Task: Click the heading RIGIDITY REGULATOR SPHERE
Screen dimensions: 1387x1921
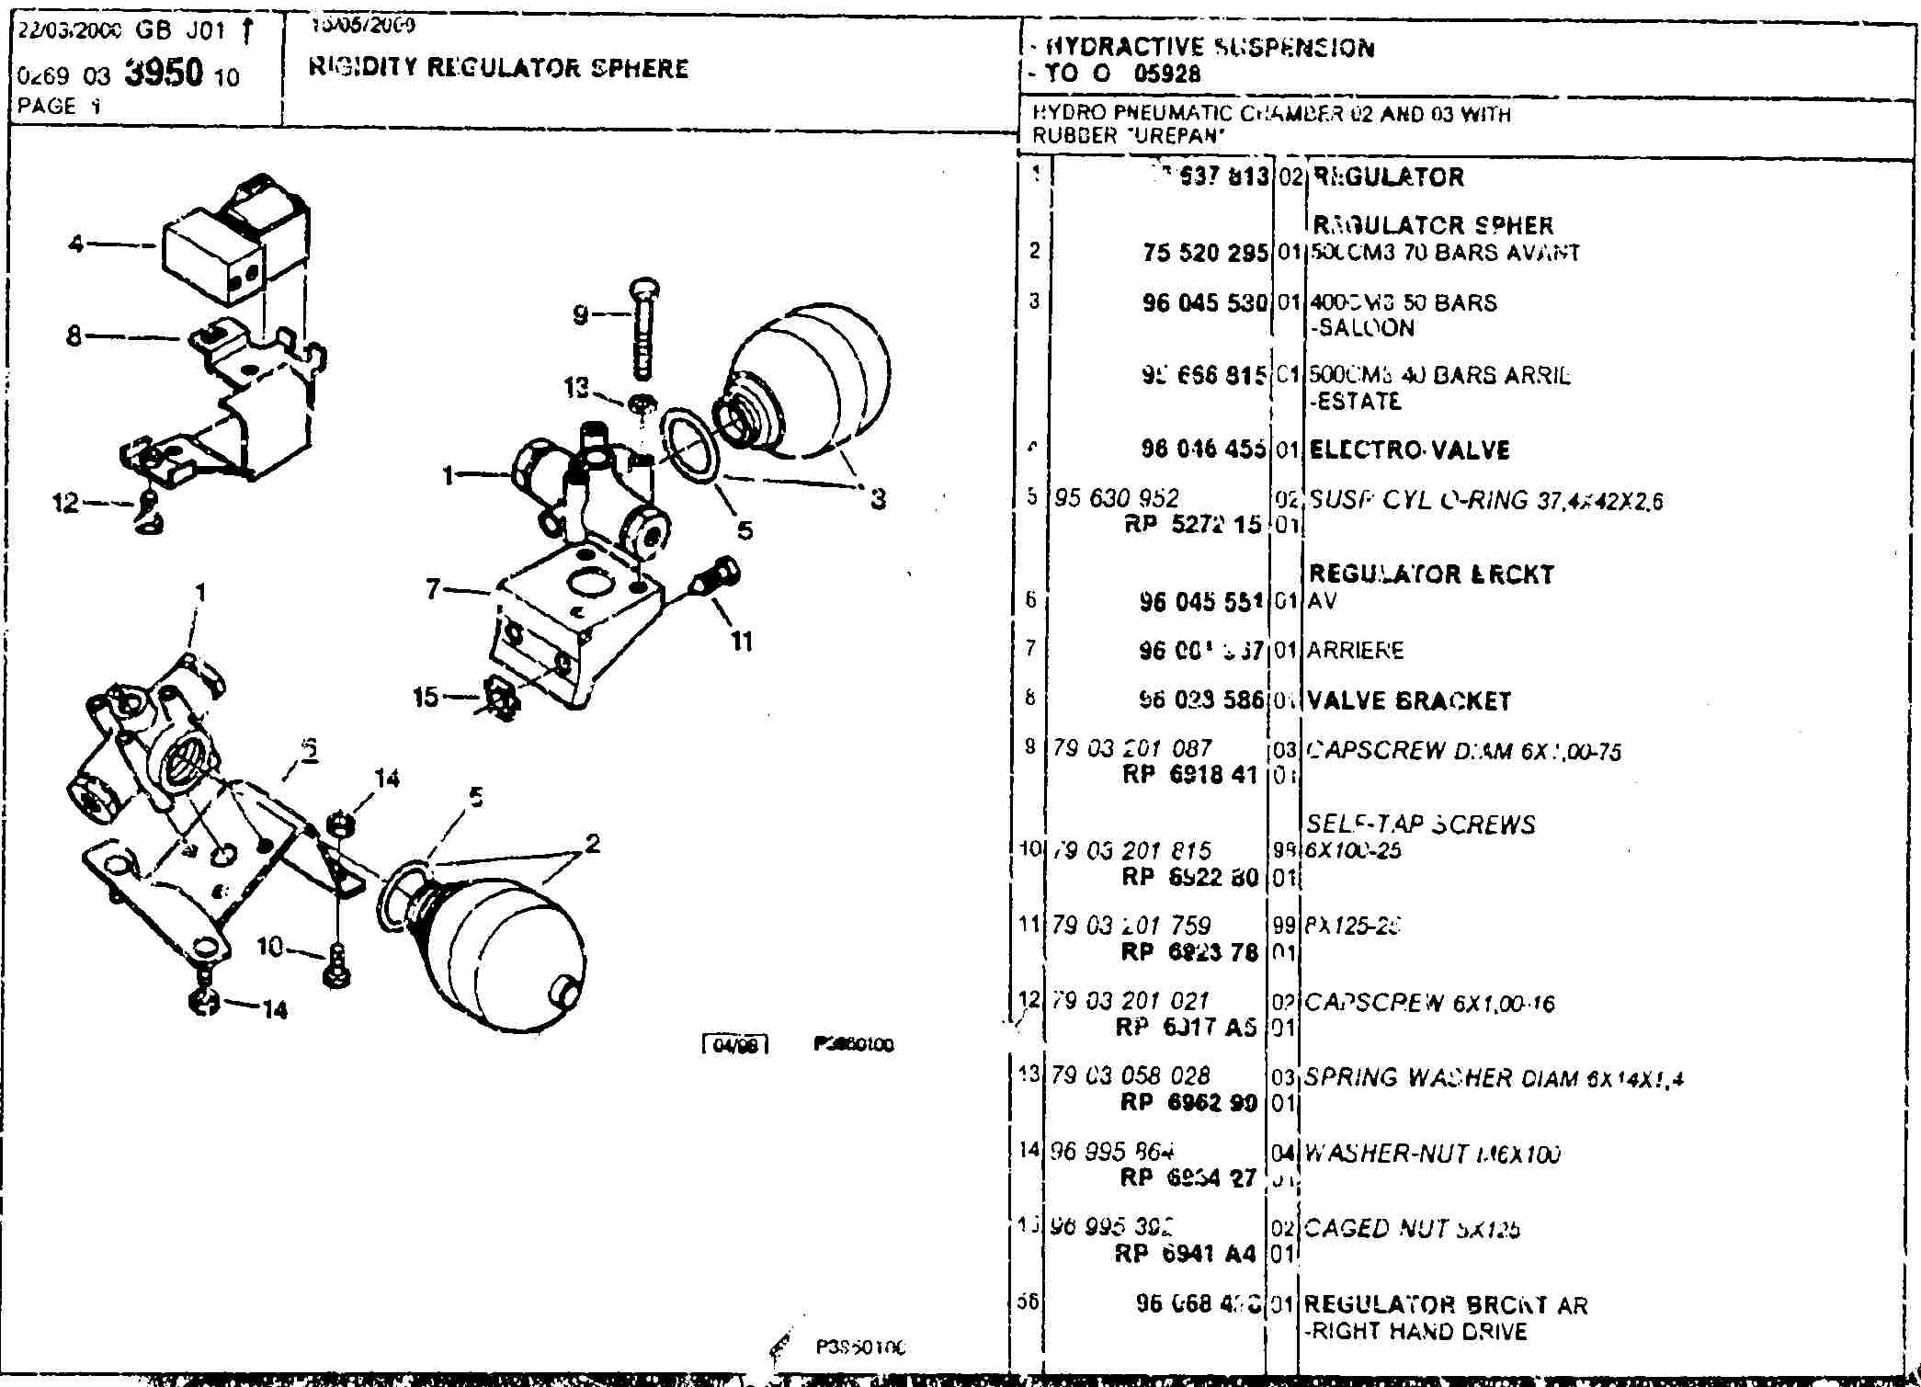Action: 498,68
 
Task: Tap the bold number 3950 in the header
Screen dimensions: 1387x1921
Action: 163,74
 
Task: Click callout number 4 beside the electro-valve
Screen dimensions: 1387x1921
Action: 76,244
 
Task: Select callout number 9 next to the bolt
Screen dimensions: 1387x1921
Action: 581,315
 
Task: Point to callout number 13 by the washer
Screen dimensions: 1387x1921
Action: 576,388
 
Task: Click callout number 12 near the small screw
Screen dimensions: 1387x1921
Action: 65,503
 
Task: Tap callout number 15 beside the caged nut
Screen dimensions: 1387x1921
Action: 426,697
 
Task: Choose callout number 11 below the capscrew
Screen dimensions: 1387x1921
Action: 742,641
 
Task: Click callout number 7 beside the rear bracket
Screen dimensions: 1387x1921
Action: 434,588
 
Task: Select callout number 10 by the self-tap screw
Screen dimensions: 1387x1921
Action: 268,946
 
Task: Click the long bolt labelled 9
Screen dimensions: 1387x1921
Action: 643,331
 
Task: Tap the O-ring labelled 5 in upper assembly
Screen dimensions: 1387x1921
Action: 689,445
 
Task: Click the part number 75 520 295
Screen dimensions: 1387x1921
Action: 1205,253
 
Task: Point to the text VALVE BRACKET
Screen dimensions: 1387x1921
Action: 1408,701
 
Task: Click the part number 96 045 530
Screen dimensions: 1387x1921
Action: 1205,303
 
